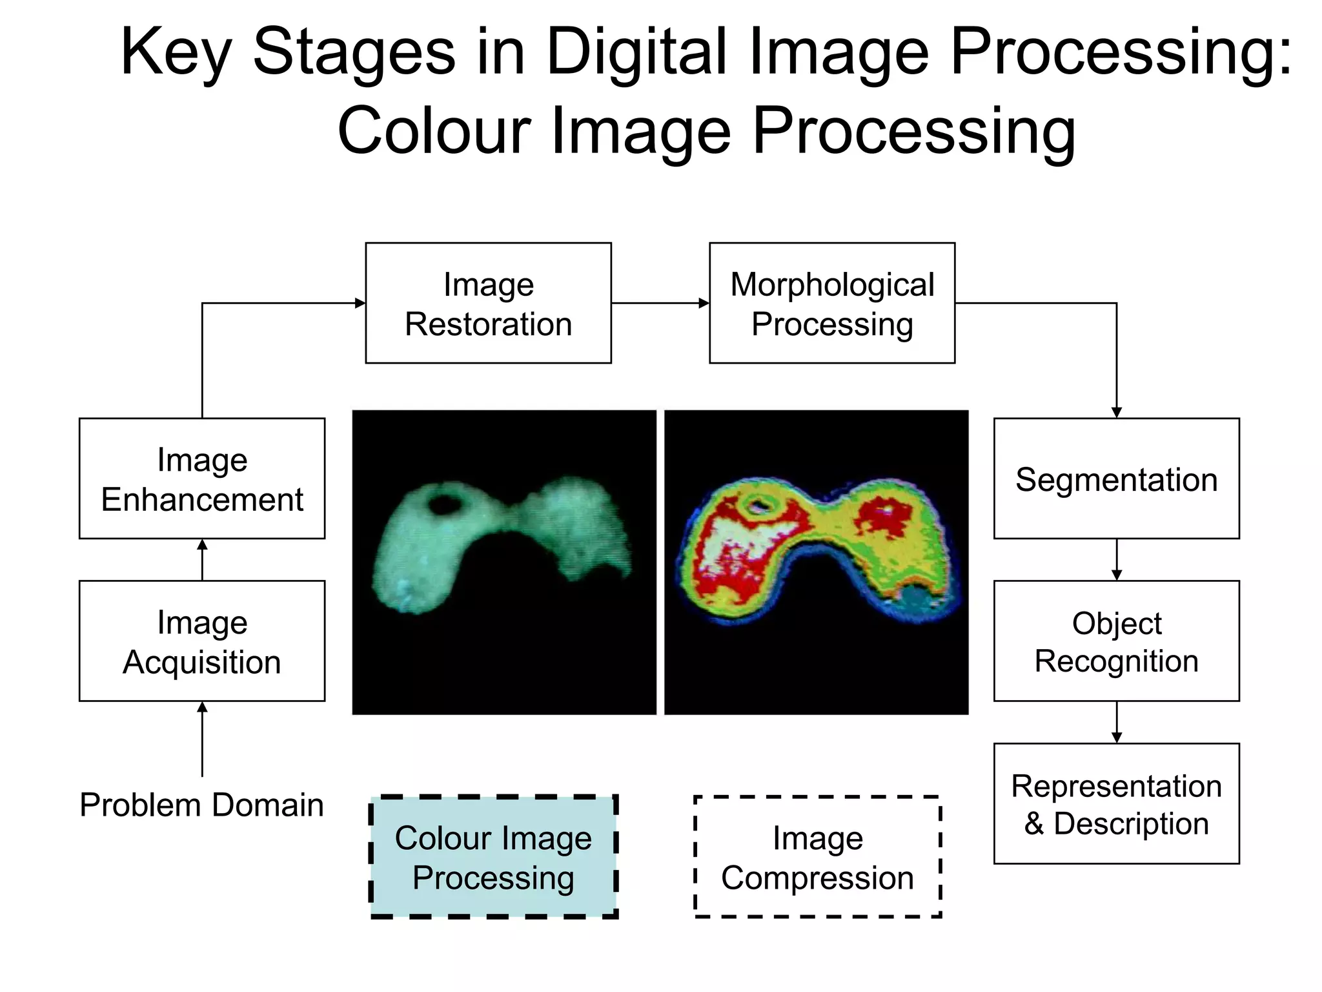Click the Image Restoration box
(x=488, y=303)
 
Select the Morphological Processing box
(x=831, y=303)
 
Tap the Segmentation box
(x=1116, y=479)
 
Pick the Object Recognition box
(x=1116, y=641)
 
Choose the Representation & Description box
(x=1116, y=803)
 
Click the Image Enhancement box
(x=201, y=479)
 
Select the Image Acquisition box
(x=201, y=641)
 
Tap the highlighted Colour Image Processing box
(x=494, y=856)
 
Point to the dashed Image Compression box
(x=817, y=856)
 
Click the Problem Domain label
(x=201, y=805)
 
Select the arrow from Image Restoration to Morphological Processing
(x=660, y=303)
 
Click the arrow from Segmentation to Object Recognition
(x=1117, y=559)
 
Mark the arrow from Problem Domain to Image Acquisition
(x=202, y=739)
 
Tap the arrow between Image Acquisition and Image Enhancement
(x=202, y=559)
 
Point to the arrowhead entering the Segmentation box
(x=1117, y=412)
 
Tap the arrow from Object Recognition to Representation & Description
(x=1117, y=722)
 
